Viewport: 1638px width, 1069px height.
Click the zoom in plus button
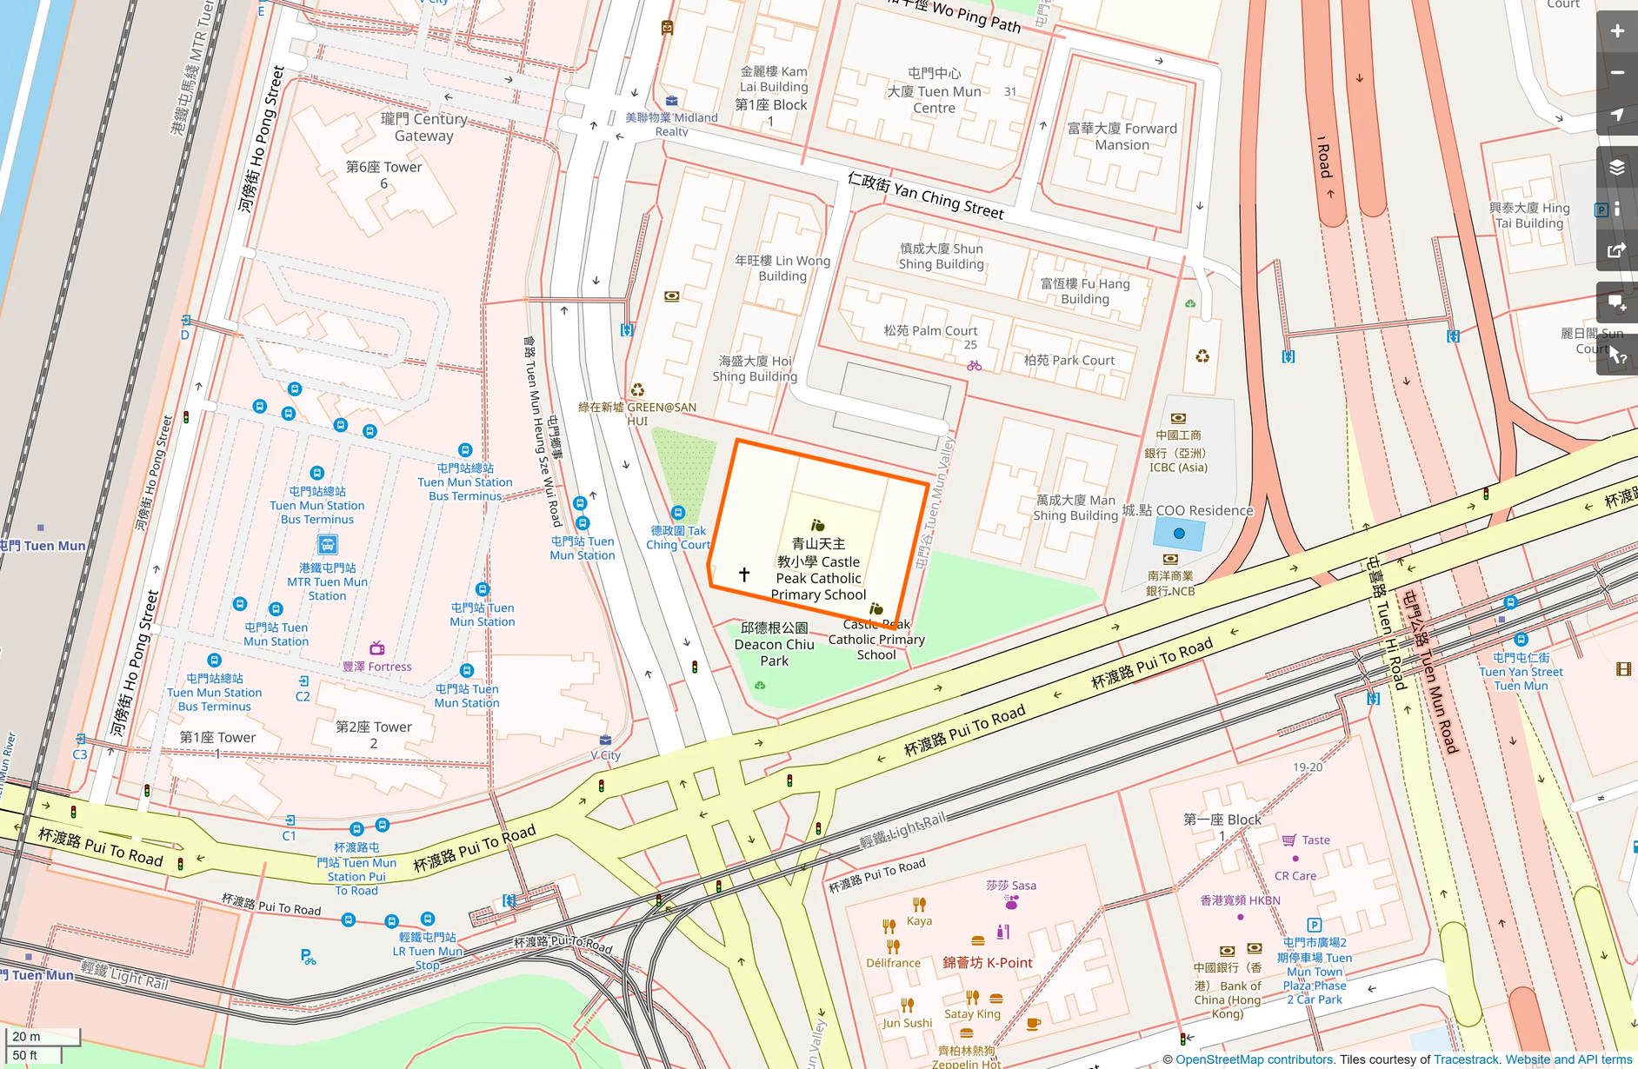coord(1616,31)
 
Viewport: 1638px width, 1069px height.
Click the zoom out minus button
coord(1616,73)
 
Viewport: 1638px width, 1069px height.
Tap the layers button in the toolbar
coord(1616,167)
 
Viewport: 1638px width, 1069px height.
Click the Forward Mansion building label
coord(1122,136)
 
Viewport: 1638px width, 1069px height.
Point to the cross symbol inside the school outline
coord(744,574)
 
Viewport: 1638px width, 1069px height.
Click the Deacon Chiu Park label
coord(774,644)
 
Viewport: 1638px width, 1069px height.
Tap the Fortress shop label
coord(377,667)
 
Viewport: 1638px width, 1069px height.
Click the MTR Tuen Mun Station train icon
coord(327,545)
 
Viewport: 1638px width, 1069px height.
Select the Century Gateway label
coord(423,127)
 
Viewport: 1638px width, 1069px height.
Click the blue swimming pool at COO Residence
coord(1179,534)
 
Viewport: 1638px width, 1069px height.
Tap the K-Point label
coord(988,963)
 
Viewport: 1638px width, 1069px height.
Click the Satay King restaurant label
coord(972,1013)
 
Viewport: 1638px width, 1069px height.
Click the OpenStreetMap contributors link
coord(1255,1059)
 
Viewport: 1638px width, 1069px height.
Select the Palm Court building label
coord(930,330)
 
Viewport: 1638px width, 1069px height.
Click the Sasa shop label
coord(1010,886)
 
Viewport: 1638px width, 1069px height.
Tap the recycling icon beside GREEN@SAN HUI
coord(637,390)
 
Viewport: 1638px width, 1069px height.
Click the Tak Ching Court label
coord(678,537)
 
